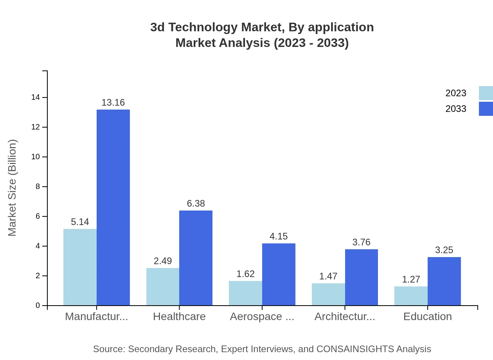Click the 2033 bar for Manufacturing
pos(113,207)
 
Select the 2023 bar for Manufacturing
pos(80,267)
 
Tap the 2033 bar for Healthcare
pos(196,258)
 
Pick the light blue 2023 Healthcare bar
pos(163,287)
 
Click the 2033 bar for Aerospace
pos(279,274)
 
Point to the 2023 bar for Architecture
pos(328,294)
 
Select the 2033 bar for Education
pos(444,281)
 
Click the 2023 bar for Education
pos(411,296)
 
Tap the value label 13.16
pos(113,103)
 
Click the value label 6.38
pos(196,203)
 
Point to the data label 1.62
pos(245,274)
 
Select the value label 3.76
pos(361,242)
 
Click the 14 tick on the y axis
pos(36,97)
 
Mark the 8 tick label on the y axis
pos(38,187)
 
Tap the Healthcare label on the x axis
pos(179,317)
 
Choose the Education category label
pos(427,317)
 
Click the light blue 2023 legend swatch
pos(486,93)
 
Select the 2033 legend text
pos(456,109)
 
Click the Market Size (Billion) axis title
pos(13,188)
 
